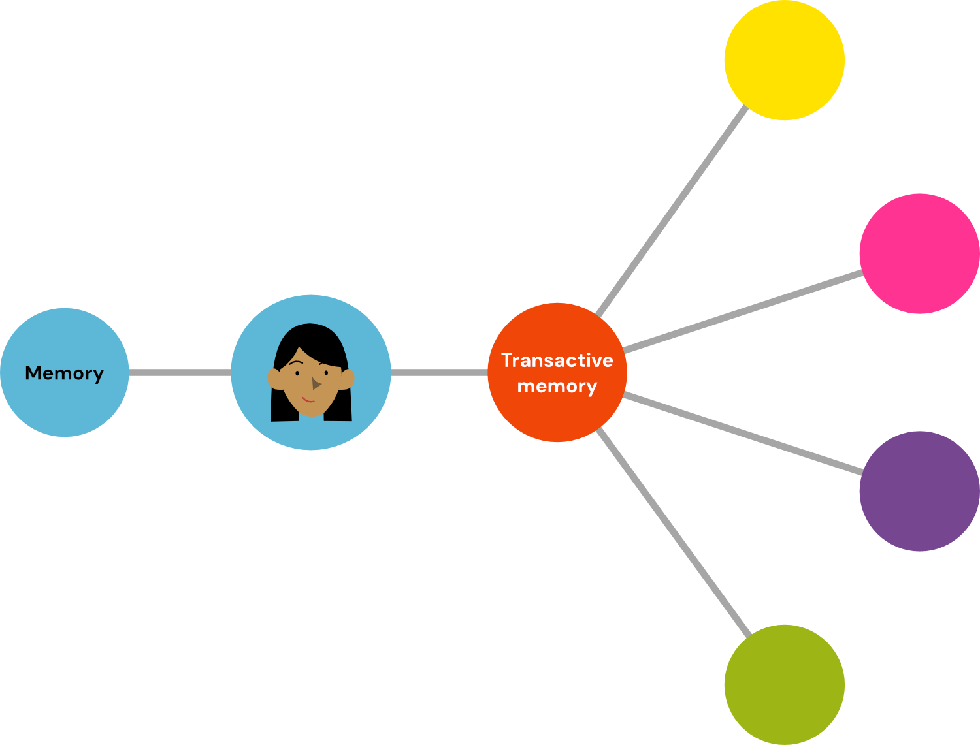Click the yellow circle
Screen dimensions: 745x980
pyautogui.click(x=784, y=60)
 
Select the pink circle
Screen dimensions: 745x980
pyautogui.click(x=919, y=253)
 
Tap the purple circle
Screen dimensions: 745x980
pyautogui.click(x=919, y=491)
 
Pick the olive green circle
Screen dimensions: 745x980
pyautogui.click(x=784, y=684)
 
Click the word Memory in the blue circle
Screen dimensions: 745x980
pyautogui.click(x=64, y=373)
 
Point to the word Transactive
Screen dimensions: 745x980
pyautogui.click(x=557, y=360)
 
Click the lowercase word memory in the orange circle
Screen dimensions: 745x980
pyautogui.click(x=557, y=387)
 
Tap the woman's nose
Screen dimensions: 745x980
pyautogui.click(x=316, y=384)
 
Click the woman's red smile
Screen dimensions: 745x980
pyautogui.click(x=308, y=399)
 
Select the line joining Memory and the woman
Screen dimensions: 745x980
pyautogui.click(x=180, y=372)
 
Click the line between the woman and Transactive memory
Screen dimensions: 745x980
pyautogui.click(x=439, y=372)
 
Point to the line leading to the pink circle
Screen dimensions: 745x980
pyautogui.click(x=742, y=312)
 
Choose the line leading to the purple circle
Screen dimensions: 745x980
pyautogui.click(x=742, y=433)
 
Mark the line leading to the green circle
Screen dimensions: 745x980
pyautogui.click(x=673, y=532)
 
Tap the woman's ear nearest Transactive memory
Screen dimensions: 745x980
pyautogui.click(x=348, y=377)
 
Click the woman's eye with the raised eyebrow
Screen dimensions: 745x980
pyautogui.click(x=297, y=373)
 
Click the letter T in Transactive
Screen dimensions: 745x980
pyautogui.click(x=507, y=360)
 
